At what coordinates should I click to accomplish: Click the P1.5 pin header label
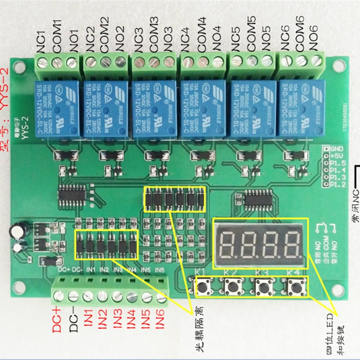[x=337, y=162]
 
